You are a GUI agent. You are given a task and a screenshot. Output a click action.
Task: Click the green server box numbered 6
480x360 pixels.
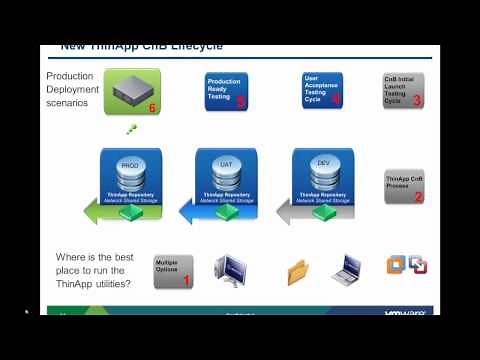(x=132, y=91)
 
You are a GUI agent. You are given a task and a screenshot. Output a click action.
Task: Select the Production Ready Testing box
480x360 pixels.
(x=226, y=90)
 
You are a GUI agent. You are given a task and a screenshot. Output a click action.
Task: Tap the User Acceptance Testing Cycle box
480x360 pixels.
(x=322, y=90)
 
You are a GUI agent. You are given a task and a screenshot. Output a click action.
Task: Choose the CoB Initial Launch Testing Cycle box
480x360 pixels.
(x=403, y=90)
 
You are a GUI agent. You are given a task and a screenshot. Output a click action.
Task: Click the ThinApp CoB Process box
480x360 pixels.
(x=404, y=186)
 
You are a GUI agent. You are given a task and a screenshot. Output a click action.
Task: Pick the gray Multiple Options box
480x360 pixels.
(x=173, y=271)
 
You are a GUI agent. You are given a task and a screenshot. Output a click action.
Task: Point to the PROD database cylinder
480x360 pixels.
(x=129, y=166)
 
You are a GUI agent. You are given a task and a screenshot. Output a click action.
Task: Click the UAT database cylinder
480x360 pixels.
(x=226, y=166)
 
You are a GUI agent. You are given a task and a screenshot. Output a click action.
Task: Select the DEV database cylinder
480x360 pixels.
(x=322, y=166)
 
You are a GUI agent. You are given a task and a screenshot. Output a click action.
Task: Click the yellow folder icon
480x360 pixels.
(x=298, y=272)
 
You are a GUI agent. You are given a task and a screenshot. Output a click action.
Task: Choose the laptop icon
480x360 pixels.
(x=346, y=270)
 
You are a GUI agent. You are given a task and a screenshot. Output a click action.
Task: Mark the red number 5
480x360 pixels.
(x=240, y=102)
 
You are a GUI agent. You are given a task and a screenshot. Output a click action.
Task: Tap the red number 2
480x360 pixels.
(x=418, y=197)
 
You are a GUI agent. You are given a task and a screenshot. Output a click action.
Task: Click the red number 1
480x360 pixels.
(x=185, y=282)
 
